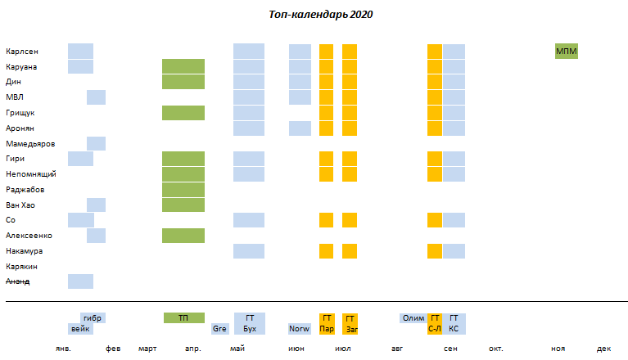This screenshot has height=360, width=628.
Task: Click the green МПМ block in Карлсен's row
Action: click(566, 52)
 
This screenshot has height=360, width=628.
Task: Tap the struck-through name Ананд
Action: click(18, 281)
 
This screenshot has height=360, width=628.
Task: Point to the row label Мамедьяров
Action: click(30, 143)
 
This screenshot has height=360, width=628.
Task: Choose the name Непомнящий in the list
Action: click(31, 174)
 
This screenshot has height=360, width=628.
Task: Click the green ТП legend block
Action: click(183, 317)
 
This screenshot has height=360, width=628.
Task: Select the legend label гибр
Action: click(93, 317)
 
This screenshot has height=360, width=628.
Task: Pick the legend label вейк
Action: click(80, 329)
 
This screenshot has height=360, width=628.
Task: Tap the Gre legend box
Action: click(219, 329)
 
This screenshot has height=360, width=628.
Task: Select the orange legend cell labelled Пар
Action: click(327, 329)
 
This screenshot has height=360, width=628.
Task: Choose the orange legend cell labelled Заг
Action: click(350, 329)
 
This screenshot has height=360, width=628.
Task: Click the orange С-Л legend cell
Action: click(435, 329)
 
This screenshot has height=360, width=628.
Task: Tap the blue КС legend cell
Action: click(454, 329)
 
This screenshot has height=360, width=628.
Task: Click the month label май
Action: click(237, 349)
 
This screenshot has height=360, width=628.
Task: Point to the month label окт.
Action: click(496, 349)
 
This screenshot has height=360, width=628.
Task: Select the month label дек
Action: click(603, 349)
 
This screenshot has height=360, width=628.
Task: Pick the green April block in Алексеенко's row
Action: click(183, 236)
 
